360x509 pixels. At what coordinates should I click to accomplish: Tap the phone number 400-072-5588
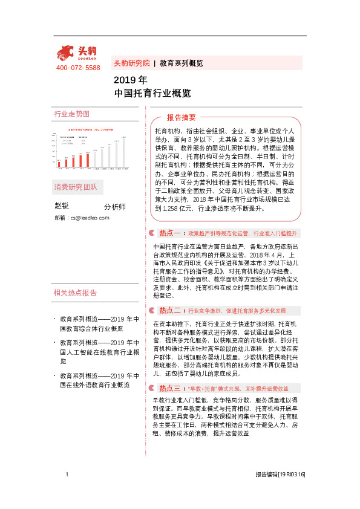78,68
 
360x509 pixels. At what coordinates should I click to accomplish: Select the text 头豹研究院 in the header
131,63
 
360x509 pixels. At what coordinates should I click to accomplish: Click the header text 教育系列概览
181,63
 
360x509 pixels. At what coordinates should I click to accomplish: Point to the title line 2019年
130,80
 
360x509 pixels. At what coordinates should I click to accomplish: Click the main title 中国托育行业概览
152,93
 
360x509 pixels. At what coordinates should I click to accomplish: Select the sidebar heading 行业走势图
71,114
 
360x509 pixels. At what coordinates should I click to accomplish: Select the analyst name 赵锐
62,207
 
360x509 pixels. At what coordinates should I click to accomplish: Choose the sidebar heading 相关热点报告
75,293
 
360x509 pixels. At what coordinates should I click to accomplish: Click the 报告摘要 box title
182,117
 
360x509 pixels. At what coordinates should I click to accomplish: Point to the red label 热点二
170,310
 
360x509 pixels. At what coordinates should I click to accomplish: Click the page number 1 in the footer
67,475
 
